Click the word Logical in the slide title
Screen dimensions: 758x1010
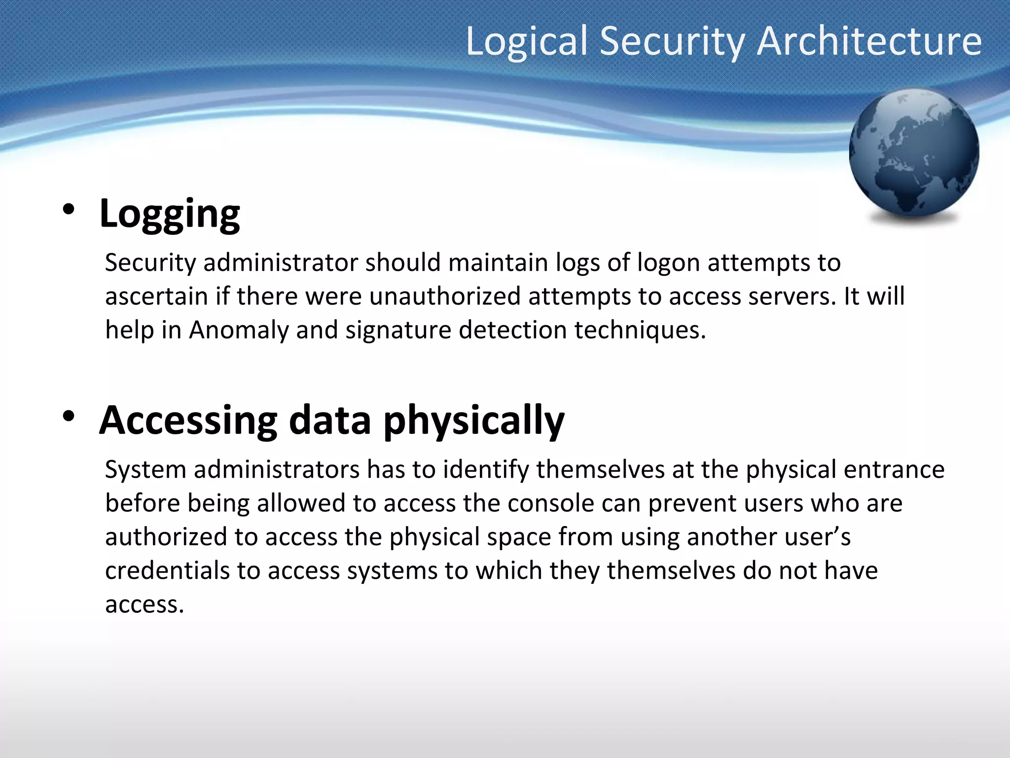click(x=527, y=42)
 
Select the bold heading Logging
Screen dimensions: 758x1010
click(x=170, y=214)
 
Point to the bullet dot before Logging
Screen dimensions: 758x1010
click(x=69, y=210)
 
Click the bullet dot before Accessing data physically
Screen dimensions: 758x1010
click(x=69, y=417)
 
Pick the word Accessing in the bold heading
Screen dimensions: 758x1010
click(x=188, y=421)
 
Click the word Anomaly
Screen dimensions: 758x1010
click(x=238, y=330)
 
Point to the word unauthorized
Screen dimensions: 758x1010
click(x=445, y=297)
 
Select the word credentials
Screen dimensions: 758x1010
click(x=167, y=571)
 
